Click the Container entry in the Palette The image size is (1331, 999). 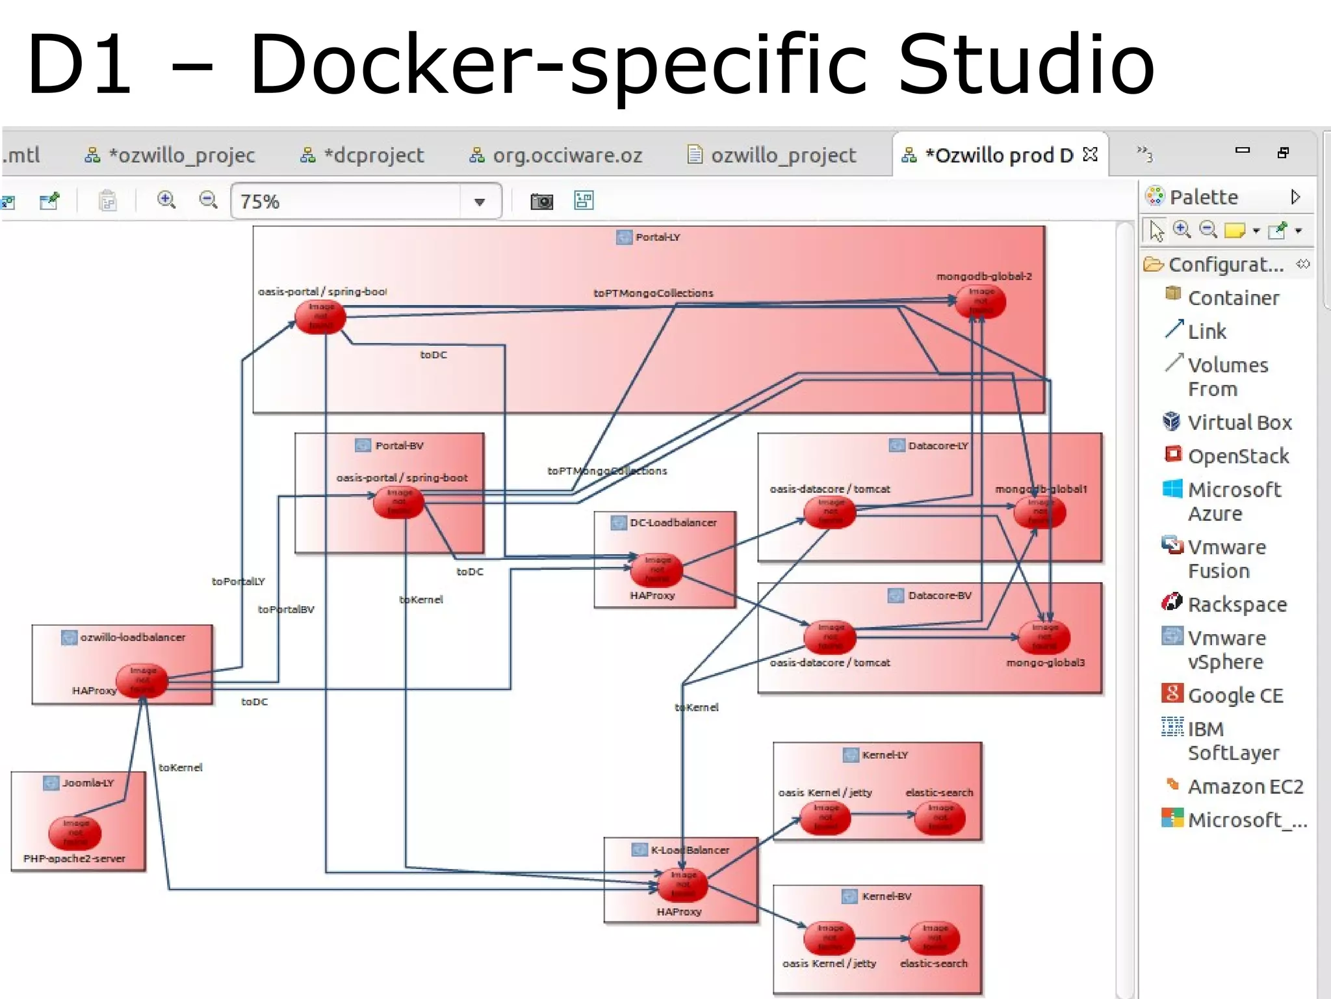(x=1232, y=298)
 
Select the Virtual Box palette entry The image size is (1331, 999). (x=1239, y=423)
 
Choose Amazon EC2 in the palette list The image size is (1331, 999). (x=1245, y=786)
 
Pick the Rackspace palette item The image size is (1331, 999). (x=1237, y=604)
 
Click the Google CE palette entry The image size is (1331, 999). (x=1235, y=695)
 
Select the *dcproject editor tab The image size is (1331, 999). (x=373, y=155)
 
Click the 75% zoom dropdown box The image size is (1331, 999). (x=366, y=201)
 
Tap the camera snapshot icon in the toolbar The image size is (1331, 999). (x=541, y=201)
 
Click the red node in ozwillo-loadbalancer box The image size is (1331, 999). (x=142, y=680)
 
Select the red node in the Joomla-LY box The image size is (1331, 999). (x=75, y=832)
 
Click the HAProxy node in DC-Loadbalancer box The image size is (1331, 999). (x=656, y=570)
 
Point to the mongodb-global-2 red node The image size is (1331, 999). (x=981, y=301)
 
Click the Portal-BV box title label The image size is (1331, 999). (x=398, y=446)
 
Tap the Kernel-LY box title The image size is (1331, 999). (x=884, y=755)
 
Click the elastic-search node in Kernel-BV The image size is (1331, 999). (x=934, y=938)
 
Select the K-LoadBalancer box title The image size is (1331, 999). (x=689, y=850)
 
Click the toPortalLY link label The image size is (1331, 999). (x=238, y=581)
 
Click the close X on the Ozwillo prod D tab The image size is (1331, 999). (x=1090, y=155)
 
